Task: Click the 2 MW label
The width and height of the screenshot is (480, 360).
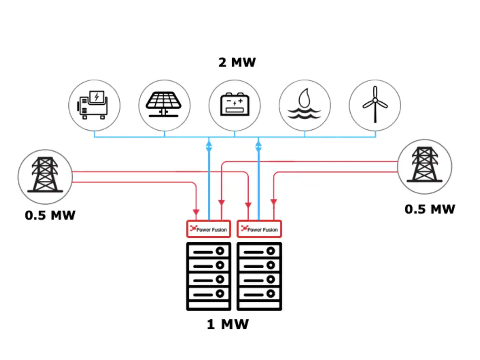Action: [x=237, y=62]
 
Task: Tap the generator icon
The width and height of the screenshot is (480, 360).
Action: [x=93, y=105]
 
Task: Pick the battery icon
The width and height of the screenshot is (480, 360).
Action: [x=235, y=104]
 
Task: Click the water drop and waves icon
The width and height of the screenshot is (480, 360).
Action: [x=304, y=103]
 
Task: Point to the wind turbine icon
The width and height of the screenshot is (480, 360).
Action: [x=375, y=104]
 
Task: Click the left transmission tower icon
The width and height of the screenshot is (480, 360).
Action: [x=45, y=175]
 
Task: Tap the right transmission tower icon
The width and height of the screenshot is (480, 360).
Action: [x=424, y=164]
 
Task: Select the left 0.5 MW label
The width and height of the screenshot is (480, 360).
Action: [x=50, y=215]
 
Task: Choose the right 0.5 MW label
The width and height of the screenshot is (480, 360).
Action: [x=430, y=209]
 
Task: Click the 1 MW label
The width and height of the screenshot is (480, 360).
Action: [x=228, y=324]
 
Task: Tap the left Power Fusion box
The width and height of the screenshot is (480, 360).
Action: [x=208, y=229]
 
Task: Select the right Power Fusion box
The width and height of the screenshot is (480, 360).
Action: [x=259, y=229]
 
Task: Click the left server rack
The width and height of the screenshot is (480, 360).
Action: [x=208, y=276]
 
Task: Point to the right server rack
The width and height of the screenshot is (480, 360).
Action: [x=259, y=276]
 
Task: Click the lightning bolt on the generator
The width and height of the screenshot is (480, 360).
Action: [x=97, y=96]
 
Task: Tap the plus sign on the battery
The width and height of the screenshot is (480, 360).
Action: [x=240, y=101]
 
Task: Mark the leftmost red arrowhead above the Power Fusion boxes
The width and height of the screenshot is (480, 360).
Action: [x=196, y=212]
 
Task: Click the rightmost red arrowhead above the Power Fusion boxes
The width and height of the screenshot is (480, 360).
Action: [x=274, y=202]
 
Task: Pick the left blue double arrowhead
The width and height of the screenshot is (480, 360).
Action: [x=209, y=145]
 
